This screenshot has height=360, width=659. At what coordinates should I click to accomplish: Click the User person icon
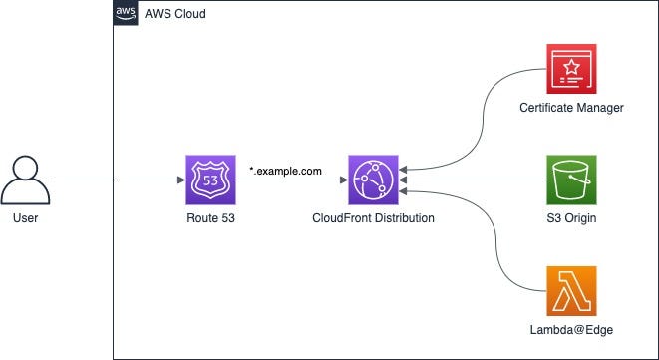pos(25,180)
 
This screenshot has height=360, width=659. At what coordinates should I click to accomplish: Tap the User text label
pos(25,218)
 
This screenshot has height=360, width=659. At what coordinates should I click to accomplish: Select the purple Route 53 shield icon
pos(210,180)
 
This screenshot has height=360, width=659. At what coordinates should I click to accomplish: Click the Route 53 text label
pos(210,218)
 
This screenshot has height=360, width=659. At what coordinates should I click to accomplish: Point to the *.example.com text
pos(285,171)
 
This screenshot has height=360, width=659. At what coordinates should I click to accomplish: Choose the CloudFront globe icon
pos(373,180)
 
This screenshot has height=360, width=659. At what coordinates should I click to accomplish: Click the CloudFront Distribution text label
pos(373,218)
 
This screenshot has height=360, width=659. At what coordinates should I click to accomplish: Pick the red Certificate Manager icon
pos(571,69)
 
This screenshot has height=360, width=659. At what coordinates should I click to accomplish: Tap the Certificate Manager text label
pos(571,108)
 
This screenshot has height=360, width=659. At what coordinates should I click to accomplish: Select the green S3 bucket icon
pos(571,180)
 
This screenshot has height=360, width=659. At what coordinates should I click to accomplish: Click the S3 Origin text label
pos(571,218)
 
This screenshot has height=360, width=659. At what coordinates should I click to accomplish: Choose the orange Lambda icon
pos(571,291)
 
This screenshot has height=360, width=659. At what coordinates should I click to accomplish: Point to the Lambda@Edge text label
pos(571,330)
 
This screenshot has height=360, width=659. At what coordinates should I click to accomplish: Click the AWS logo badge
pos(126,13)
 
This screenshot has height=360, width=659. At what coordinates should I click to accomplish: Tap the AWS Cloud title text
pos(175,13)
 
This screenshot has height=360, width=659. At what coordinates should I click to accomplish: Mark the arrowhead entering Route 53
pos(181,180)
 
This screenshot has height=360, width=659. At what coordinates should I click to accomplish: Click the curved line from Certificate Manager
pos(483,122)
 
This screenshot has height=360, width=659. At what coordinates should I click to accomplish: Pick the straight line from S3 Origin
pos(473,180)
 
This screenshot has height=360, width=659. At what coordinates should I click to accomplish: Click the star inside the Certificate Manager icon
pos(571,66)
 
